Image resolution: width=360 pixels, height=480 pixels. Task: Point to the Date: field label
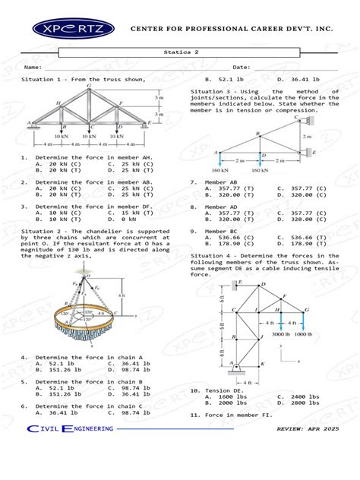(242, 67)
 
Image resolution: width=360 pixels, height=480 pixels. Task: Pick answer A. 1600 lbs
(220, 396)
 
